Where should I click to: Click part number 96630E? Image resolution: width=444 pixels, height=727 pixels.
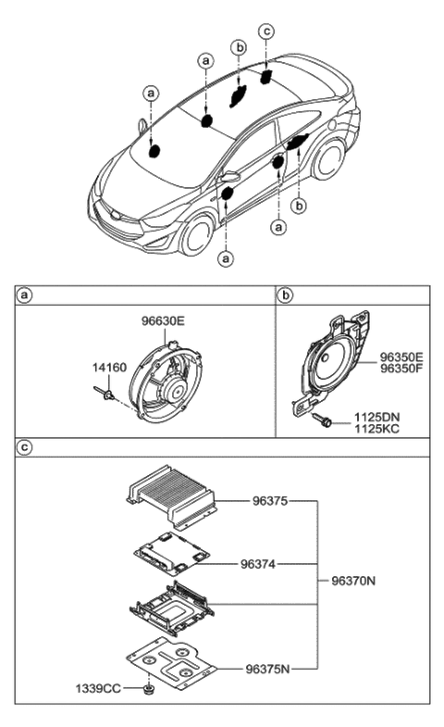click(x=164, y=321)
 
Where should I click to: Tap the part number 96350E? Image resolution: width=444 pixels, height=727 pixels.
click(x=401, y=357)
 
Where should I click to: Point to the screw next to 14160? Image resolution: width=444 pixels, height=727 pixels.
click(x=104, y=395)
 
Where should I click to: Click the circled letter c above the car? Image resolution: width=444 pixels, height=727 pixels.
click(x=266, y=31)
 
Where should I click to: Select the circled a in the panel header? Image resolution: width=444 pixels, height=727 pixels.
click(x=25, y=295)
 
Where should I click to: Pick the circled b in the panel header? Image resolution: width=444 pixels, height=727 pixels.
click(x=286, y=295)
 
